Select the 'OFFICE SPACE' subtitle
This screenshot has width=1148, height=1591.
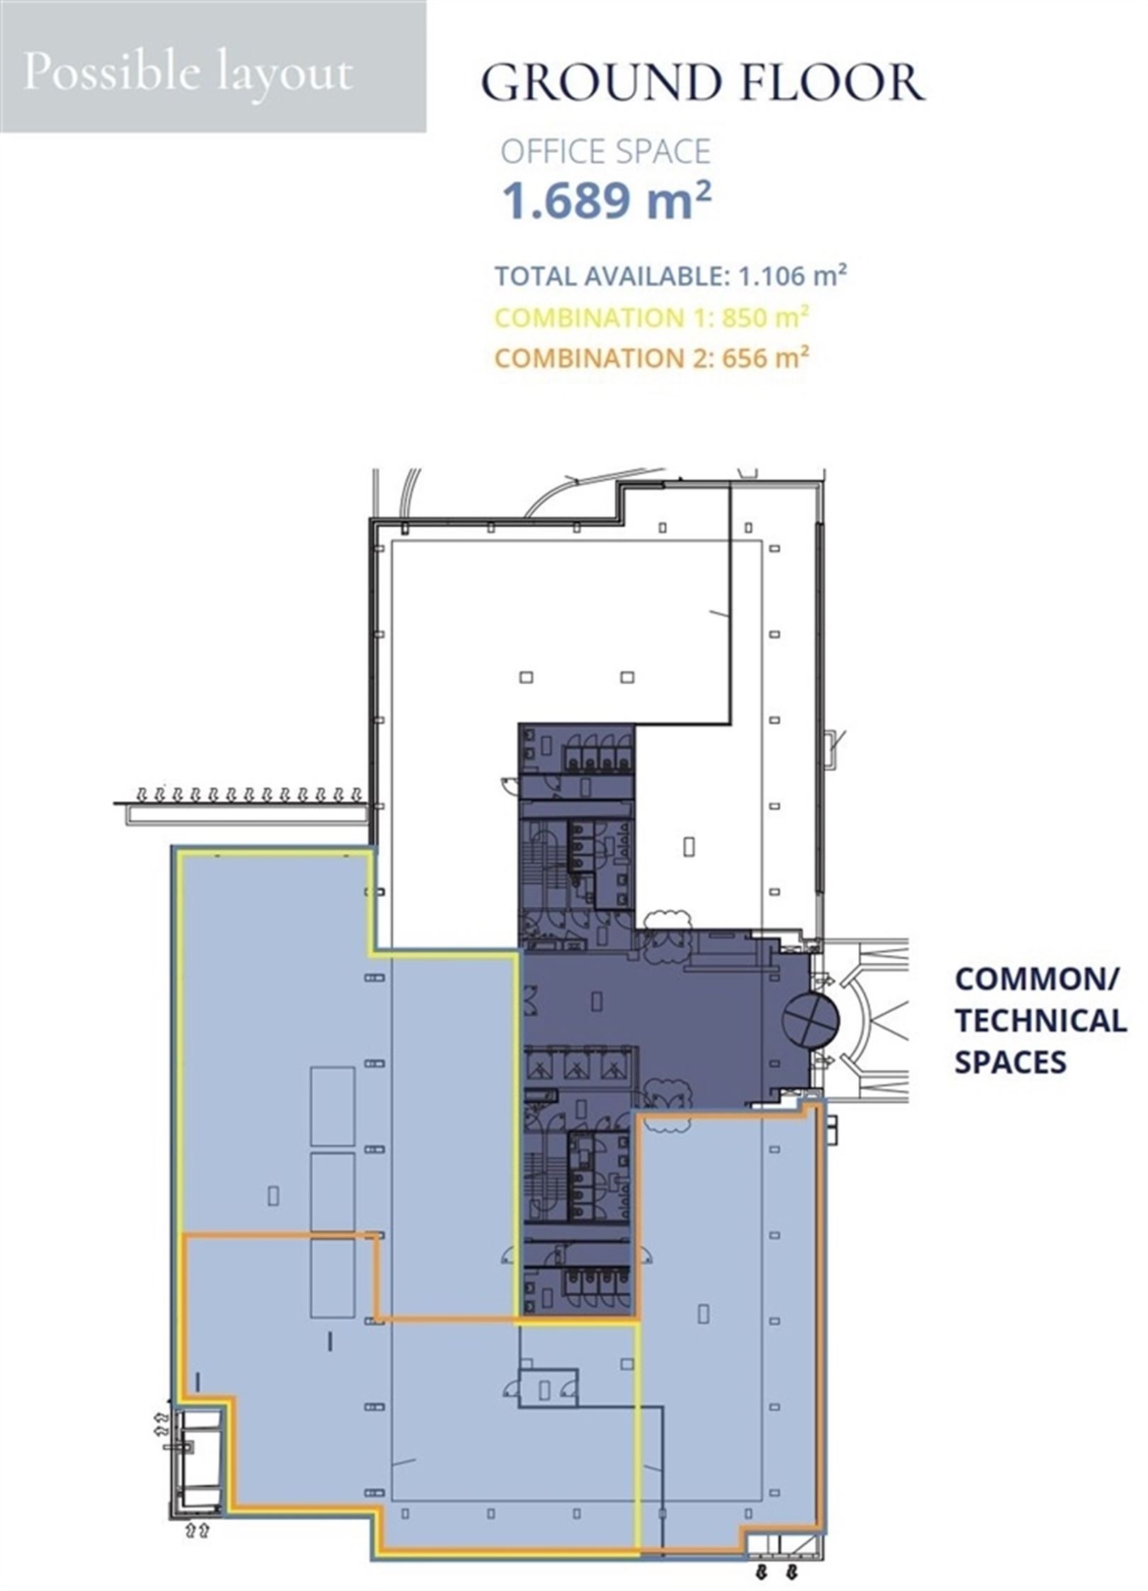point(606,152)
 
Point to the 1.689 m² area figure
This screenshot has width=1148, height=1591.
point(607,201)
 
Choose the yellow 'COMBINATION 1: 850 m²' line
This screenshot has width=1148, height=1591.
point(652,317)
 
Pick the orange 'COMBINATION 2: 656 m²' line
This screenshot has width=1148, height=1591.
point(652,357)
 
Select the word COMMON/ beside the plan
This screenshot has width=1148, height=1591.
point(1037,981)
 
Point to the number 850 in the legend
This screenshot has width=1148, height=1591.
point(746,317)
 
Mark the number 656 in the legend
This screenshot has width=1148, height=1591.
point(746,357)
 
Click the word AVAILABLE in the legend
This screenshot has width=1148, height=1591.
point(655,275)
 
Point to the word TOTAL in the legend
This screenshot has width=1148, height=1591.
point(536,275)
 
